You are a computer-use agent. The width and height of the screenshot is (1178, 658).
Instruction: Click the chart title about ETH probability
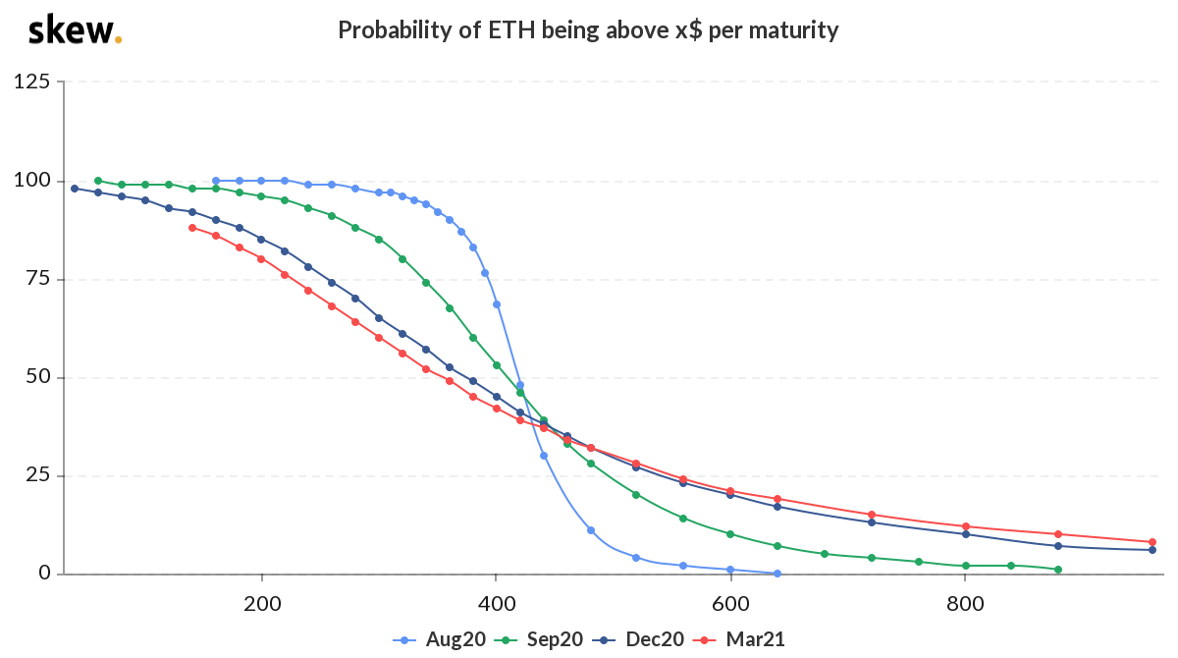(x=588, y=30)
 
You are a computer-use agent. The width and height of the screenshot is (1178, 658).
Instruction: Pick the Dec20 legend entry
(x=639, y=639)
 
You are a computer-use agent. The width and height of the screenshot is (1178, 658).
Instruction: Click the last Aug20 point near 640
(x=777, y=574)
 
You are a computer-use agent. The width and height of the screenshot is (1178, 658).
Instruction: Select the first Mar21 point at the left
(x=192, y=228)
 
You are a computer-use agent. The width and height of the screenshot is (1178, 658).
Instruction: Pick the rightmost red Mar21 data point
(x=1152, y=542)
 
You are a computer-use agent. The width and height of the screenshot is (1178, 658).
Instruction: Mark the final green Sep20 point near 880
(x=1058, y=570)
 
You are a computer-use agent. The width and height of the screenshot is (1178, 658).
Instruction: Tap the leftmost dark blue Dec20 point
(x=75, y=189)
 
